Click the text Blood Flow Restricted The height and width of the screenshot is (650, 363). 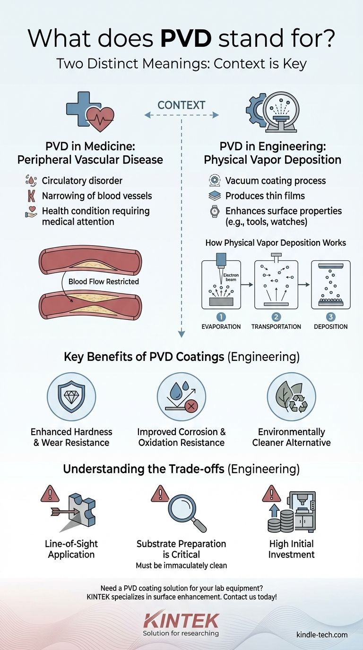[104, 282]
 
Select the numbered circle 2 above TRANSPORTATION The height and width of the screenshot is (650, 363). [277, 316]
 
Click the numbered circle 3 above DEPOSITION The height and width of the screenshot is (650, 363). [330, 316]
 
